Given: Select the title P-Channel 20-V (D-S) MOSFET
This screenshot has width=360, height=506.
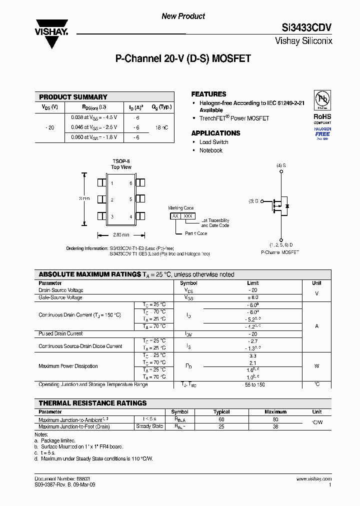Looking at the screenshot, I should [183, 58].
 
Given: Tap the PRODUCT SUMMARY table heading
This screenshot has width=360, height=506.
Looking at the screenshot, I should [73, 97].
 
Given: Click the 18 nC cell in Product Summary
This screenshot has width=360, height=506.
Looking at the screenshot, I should [161, 127].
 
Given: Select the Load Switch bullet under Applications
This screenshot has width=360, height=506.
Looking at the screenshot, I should [213, 142].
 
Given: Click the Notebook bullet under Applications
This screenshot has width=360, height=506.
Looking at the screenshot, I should [210, 150].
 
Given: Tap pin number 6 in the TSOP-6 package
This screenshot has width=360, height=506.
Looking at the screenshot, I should [131, 183].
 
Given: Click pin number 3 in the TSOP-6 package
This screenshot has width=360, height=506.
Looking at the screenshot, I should [112, 216].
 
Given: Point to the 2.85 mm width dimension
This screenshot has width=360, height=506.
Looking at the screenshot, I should [121, 234].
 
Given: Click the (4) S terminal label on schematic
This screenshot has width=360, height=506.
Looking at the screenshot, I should [281, 165].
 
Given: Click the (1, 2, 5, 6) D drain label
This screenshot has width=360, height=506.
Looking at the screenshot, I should [281, 244].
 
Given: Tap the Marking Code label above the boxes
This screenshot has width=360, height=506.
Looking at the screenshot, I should [180, 208].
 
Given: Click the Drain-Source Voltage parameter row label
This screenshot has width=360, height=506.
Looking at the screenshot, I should [61, 290].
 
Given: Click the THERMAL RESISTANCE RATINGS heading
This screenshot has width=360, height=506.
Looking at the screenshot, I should [92, 403].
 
